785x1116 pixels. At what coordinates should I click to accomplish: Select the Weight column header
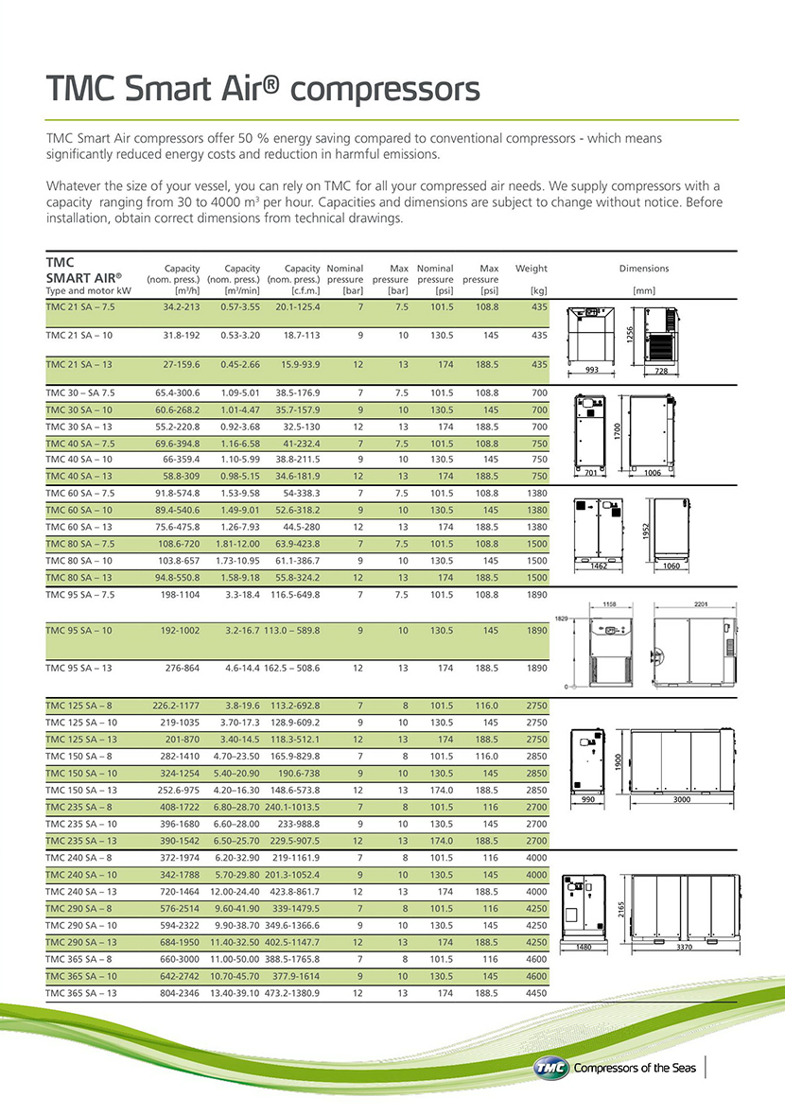click(531, 269)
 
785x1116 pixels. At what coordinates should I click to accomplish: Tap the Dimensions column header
click(643, 269)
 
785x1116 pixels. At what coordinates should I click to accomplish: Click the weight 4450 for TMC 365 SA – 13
click(536, 993)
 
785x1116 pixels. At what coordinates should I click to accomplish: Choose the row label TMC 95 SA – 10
click(78, 630)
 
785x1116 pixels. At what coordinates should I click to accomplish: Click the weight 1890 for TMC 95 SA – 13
click(536, 668)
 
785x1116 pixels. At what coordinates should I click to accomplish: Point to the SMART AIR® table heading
click(83, 278)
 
